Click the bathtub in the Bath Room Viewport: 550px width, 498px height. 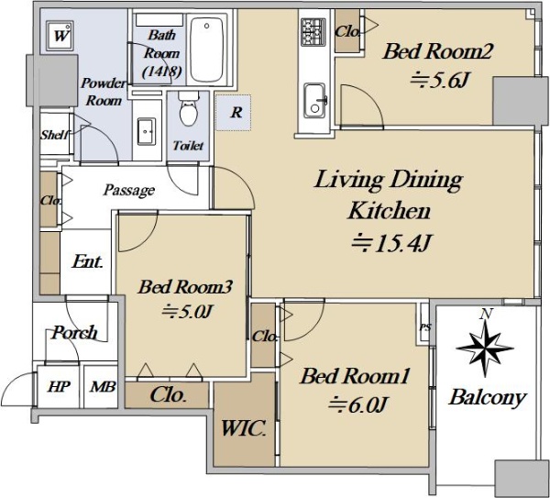206,50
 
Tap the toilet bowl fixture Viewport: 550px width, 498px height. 188,109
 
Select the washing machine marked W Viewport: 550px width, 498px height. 60,36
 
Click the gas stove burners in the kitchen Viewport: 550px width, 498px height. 313,32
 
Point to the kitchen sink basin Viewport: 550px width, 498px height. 314,101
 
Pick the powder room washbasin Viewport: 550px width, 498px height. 147,131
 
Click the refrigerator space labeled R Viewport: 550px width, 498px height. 233,113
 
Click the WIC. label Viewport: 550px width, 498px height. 243,428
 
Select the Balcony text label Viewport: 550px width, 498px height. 488,399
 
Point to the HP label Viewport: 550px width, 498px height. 59,387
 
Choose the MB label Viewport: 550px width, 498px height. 103,387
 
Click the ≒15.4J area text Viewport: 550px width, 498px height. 390,243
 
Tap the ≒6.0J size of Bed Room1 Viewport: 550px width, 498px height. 357,404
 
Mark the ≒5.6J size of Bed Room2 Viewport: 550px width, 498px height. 439,81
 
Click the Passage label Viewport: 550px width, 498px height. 128,190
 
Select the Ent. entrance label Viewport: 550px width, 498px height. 87,261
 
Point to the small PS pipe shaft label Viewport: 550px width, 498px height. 425,327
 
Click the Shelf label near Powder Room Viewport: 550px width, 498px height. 54,135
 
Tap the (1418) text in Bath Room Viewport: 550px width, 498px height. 161,72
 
